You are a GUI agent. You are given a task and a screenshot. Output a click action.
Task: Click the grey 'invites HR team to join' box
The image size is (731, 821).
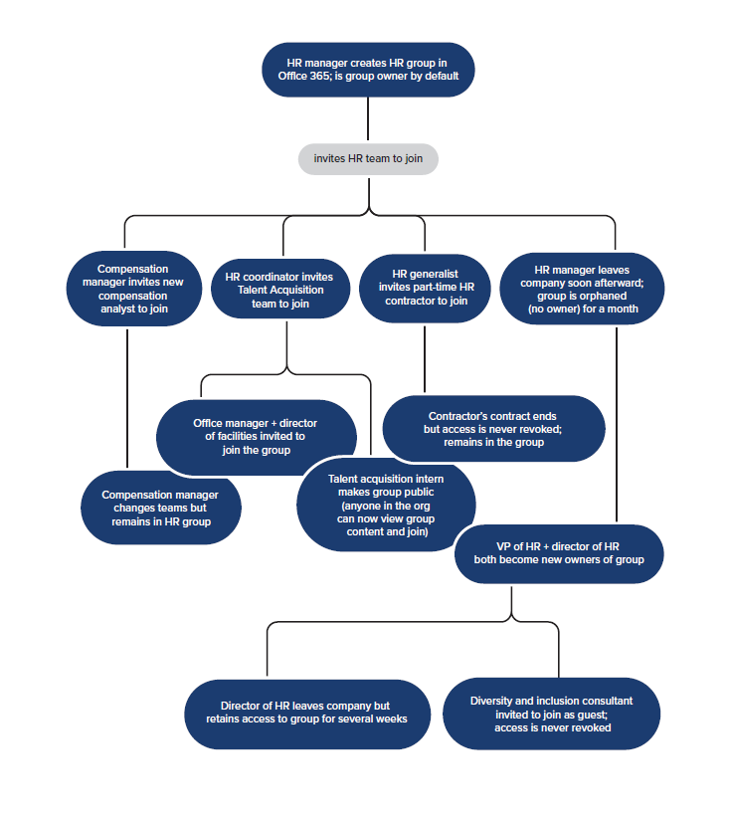(x=368, y=158)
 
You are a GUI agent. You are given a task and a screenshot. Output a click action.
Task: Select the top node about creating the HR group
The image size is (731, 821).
(x=368, y=70)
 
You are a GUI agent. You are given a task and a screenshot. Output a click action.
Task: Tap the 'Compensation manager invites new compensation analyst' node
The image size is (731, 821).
(x=134, y=289)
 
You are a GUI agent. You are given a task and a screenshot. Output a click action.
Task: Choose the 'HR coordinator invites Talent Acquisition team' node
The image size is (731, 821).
(x=280, y=290)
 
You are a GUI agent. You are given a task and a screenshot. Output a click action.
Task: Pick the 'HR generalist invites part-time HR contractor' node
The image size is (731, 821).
(x=425, y=288)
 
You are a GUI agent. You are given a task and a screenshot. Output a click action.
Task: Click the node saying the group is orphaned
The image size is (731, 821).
(x=582, y=289)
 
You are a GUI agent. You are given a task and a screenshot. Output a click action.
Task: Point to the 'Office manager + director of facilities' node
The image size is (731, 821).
(x=256, y=437)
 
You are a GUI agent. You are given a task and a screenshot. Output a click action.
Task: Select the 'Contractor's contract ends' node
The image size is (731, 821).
(x=493, y=429)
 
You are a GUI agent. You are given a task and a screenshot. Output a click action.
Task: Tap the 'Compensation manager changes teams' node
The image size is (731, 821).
(x=161, y=508)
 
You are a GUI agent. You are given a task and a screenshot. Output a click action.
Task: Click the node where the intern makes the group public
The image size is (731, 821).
(x=386, y=505)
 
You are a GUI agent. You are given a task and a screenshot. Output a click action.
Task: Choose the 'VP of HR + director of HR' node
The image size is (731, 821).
(x=559, y=553)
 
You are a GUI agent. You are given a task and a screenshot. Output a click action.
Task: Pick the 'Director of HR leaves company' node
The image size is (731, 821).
(x=307, y=713)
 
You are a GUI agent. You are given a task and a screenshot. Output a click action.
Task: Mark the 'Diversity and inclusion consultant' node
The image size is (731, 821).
(x=552, y=715)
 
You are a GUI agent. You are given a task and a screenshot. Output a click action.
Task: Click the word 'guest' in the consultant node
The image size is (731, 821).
(x=593, y=716)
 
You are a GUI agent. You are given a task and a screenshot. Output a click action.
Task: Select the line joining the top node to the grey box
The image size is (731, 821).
(x=368, y=118)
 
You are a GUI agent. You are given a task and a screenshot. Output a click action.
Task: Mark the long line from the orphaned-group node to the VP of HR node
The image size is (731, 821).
(x=617, y=425)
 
